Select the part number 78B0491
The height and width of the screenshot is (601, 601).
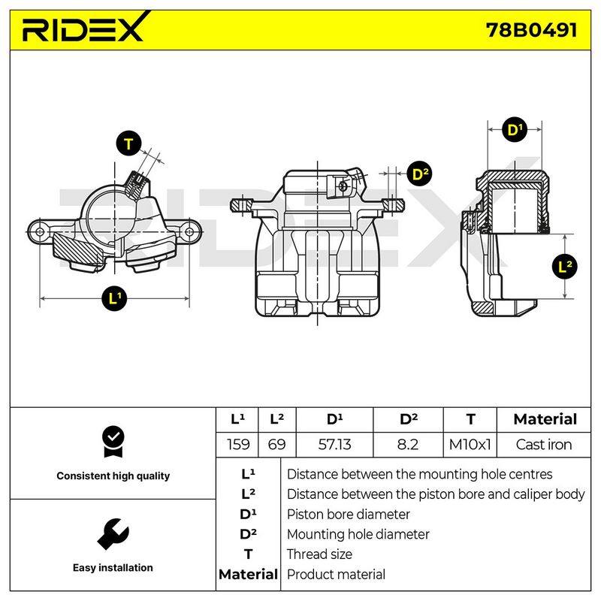click(x=532, y=30)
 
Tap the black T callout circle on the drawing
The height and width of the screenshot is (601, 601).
click(x=128, y=143)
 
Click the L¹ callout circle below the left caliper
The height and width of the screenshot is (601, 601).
click(x=114, y=298)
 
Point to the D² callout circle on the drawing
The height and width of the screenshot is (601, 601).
click(x=420, y=174)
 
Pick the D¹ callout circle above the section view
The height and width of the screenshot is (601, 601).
click(x=515, y=129)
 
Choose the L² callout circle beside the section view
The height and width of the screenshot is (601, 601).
click(x=565, y=266)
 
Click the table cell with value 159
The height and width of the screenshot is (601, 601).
click(x=237, y=445)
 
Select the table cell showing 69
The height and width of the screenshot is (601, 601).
click(x=277, y=445)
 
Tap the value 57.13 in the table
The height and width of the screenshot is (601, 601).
click(x=334, y=445)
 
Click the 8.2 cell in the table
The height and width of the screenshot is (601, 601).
click(x=408, y=445)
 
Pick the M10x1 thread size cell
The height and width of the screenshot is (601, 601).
click(x=470, y=445)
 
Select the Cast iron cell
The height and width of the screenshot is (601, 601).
click(x=544, y=445)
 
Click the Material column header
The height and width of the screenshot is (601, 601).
click(x=545, y=419)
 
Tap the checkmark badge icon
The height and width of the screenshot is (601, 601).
click(x=113, y=442)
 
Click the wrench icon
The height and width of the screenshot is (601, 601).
click(x=113, y=533)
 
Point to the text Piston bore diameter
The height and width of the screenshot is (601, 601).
click(x=349, y=514)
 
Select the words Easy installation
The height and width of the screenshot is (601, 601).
click(x=113, y=568)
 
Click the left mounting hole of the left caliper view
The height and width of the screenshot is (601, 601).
click(x=40, y=231)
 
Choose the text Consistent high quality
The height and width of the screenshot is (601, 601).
click(x=113, y=476)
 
